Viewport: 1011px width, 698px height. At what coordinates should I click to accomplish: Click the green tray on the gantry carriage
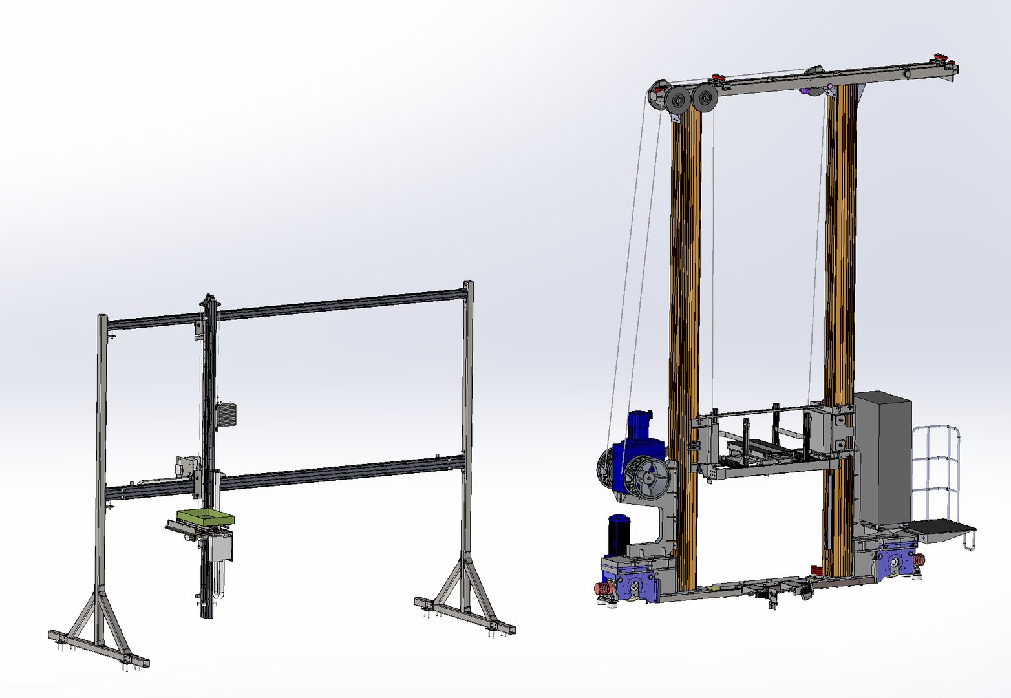point(205,517)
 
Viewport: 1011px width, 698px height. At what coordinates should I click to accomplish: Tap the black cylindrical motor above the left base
point(619,534)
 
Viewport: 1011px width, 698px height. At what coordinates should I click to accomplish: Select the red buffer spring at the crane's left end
point(604,589)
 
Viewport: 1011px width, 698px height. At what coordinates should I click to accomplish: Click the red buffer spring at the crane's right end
point(917,560)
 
